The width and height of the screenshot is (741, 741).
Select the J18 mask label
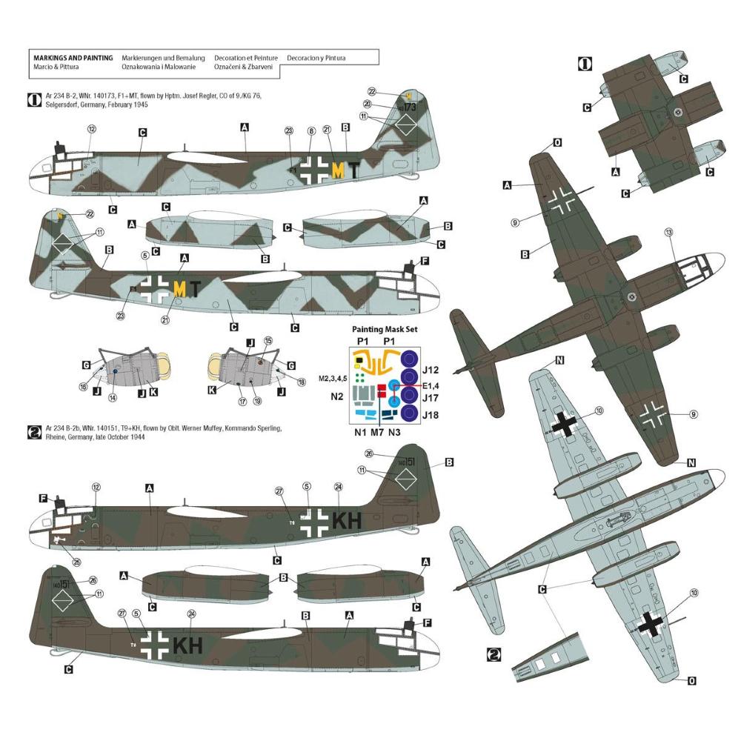431,414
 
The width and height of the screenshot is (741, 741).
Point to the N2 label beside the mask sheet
337,396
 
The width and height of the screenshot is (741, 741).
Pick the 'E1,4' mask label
433,385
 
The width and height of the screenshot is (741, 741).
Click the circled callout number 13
668,232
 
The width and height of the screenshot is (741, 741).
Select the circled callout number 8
311,131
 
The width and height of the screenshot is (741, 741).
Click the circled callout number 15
268,340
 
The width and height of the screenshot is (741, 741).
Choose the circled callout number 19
257,401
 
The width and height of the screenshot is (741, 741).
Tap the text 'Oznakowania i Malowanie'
159,67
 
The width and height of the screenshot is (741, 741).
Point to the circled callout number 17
242,401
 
